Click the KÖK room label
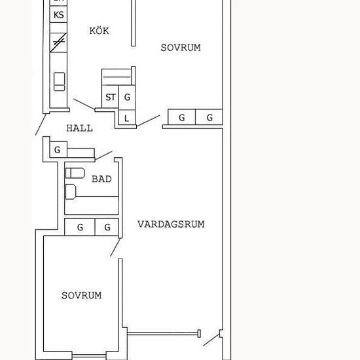tap(99, 31)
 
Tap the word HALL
tap(80, 128)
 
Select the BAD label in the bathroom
tap(101, 179)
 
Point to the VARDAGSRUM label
tap(171, 224)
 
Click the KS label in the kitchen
tap(58, 15)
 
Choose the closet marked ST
tap(110, 97)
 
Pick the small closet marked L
tap(127, 118)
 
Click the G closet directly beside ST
tap(127, 97)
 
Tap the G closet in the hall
tap(58, 150)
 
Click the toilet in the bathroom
tap(75, 173)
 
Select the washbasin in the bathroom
tap(71, 192)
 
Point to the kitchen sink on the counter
tap(59, 82)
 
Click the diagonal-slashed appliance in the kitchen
tap(58, 43)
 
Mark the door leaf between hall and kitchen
tap(84, 103)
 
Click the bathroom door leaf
tap(103, 155)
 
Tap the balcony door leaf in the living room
tap(211, 340)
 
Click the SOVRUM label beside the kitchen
tap(181, 48)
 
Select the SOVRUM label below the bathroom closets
tap(82, 295)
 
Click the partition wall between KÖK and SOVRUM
tap(133, 23)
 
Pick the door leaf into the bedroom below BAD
tap(115, 247)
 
